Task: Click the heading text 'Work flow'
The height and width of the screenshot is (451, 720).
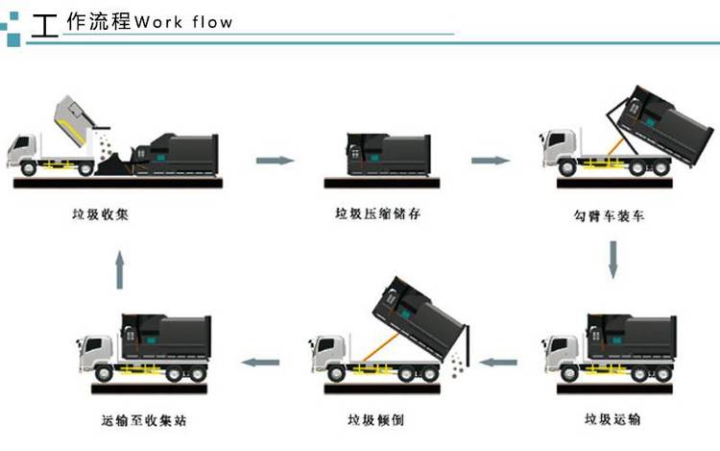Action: point(184,21)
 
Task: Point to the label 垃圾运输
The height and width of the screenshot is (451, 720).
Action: point(613,419)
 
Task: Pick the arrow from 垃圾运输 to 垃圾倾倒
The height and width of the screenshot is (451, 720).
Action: point(498,363)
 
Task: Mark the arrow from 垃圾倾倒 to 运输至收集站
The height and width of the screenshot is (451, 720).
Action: point(259,363)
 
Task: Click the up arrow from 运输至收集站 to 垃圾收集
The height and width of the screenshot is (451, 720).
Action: point(119,270)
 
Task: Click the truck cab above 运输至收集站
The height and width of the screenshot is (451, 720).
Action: point(97,353)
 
